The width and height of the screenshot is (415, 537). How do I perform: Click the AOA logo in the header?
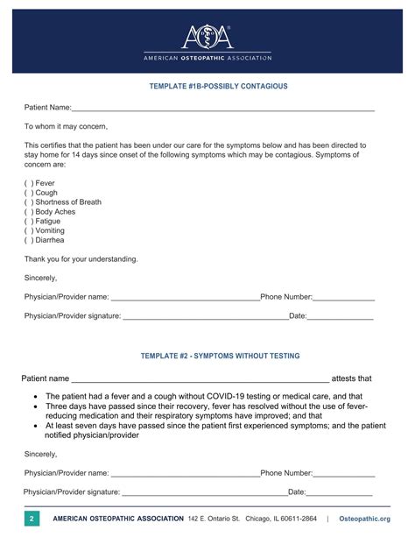pyautogui.click(x=207, y=38)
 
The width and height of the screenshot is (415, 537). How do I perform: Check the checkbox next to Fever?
pyautogui.click(x=29, y=183)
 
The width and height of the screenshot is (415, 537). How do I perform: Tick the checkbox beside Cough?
pyautogui.click(x=29, y=193)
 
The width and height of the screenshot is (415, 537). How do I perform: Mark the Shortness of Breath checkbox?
pyautogui.click(x=29, y=202)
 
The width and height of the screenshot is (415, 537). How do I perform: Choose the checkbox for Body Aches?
pyautogui.click(x=29, y=212)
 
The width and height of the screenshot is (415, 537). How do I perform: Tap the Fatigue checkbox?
pyautogui.click(x=29, y=222)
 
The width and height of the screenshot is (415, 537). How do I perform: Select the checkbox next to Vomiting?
pyautogui.click(x=29, y=230)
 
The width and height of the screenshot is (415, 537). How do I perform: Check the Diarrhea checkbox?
pyautogui.click(x=29, y=240)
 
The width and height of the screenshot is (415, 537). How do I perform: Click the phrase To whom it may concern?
pyautogui.click(x=66, y=127)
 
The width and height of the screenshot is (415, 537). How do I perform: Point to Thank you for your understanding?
pyautogui.click(x=81, y=258)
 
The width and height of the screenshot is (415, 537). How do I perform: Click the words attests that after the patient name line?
pyautogui.click(x=352, y=378)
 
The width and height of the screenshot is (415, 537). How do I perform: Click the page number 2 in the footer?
pyautogui.click(x=32, y=519)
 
